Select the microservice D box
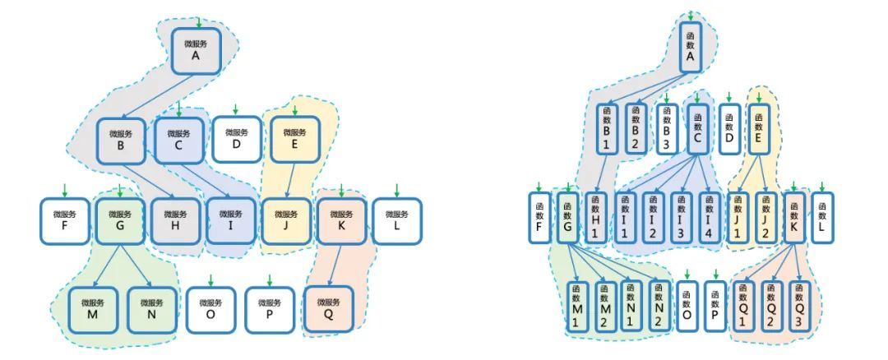click(x=237, y=139)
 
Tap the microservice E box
click(x=294, y=139)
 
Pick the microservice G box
click(x=120, y=220)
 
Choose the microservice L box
click(x=397, y=220)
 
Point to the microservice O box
click(x=210, y=308)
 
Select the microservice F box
click(x=65, y=220)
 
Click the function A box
click(x=691, y=48)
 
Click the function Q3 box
click(x=800, y=305)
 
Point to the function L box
click(x=822, y=216)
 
